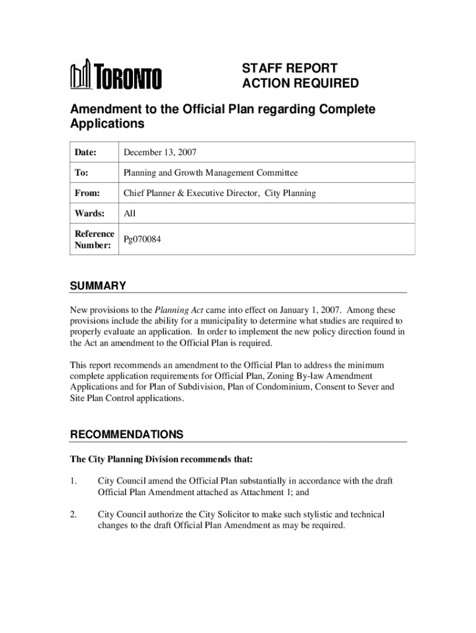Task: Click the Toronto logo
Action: click(x=116, y=76)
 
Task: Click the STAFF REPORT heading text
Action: click(x=289, y=68)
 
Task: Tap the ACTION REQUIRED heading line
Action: click(x=300, y=83)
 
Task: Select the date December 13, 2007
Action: click(x=160, y=152)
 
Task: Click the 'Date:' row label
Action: click(x=86, y=152)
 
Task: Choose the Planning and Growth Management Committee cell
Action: click(x=210, y=173)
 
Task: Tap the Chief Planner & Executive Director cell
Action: click(x=219, y=193)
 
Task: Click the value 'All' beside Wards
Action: click(x=129, y=214)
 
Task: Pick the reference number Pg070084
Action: click(x=143, y=239)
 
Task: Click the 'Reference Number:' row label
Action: click(x=94, y=239)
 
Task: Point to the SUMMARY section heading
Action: click(x=98, y=286)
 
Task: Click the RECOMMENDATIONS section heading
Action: click(x=126, y=435)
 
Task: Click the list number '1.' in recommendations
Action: click(x=73, y=481)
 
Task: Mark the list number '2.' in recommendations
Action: click(x=73, y=514)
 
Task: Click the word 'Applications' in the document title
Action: click(x=107, y=124)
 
